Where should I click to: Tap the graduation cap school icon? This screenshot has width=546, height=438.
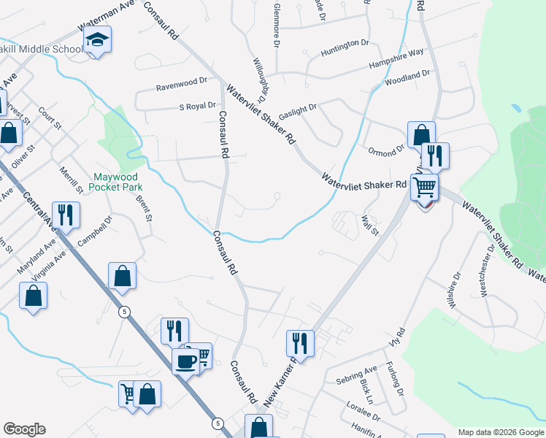96,40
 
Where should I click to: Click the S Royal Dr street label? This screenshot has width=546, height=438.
198,106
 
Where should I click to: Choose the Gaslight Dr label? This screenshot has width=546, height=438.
297,107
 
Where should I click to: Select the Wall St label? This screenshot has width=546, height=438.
371,225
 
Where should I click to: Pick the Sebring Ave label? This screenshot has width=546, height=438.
357,374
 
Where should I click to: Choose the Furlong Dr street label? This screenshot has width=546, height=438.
400,381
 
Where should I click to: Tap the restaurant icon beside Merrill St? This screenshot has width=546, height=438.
66,215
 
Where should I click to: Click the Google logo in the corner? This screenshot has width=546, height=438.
24,429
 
